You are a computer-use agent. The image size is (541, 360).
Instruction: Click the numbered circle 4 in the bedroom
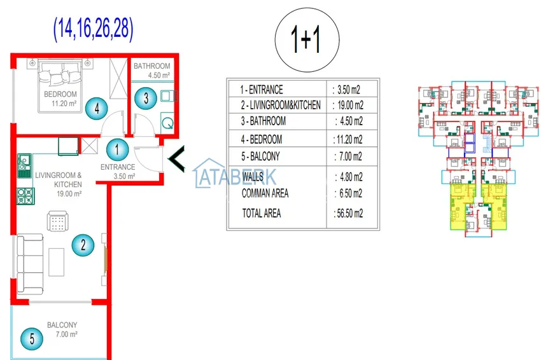pos(97,108)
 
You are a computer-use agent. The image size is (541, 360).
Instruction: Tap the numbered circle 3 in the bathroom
pos(146,99)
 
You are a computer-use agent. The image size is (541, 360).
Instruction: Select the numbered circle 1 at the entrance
pos(117,149)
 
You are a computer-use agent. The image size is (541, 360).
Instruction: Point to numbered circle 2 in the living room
pos(83,245)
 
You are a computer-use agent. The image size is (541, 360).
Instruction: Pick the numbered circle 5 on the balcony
pos(32,338)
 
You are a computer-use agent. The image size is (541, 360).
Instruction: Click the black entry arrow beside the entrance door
pos(176,159)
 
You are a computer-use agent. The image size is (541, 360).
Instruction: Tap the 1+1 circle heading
pos(307,40)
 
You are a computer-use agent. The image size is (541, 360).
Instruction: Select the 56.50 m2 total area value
pos(349,214)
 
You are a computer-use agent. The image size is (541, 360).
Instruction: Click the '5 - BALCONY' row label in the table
pos(260,156)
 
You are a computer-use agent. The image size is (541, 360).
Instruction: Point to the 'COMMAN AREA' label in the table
pos(265,193)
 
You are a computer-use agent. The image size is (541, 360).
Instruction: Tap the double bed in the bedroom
pos(60,85)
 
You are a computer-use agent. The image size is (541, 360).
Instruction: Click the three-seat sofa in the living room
pos(30,264)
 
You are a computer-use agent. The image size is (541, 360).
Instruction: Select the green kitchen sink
pos(24,166)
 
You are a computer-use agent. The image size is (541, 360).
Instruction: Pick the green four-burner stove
pos(25,196)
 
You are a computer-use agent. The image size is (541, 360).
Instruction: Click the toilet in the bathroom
pos(167,122)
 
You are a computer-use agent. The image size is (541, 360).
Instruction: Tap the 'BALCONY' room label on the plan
pos(62,325)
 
